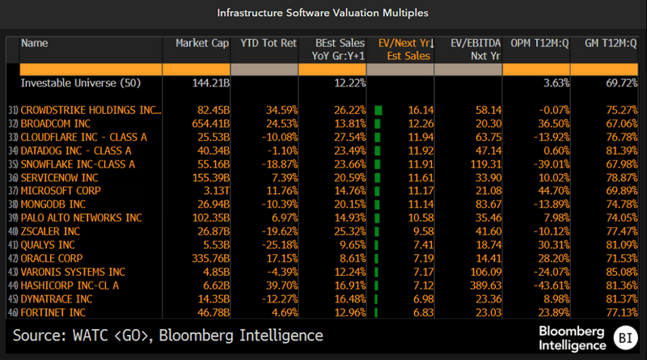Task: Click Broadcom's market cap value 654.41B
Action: click(209, 122)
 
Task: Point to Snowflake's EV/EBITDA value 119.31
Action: click(480, 163)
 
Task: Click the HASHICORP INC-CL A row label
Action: click(70, 285)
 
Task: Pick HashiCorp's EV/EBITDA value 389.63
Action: click(480, 285)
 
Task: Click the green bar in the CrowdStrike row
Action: click(378, 108)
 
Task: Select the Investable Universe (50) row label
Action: click(74, 83)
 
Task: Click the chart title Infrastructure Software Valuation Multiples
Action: click(323, 13)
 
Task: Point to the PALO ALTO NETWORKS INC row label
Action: click(81, 218)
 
